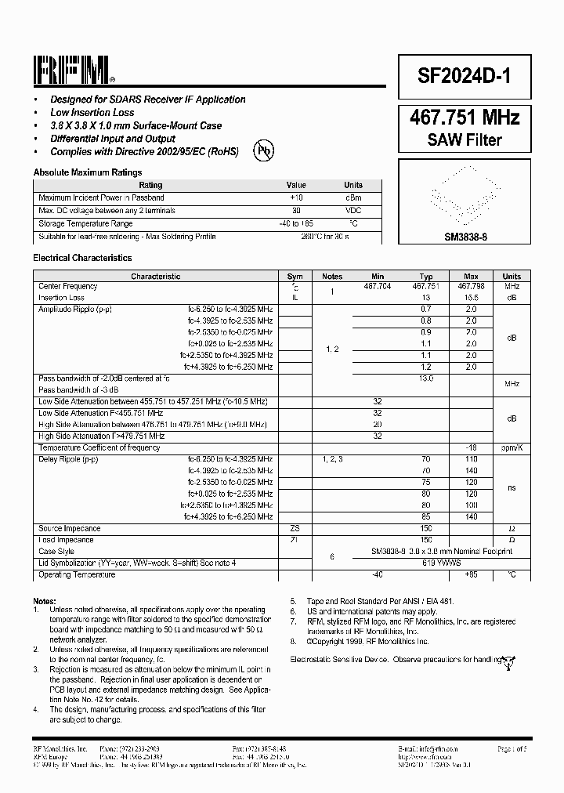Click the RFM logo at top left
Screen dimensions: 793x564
click(74, 71)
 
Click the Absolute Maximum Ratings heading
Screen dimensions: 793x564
click(88, 172)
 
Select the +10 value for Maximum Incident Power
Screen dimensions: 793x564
click(295, 197)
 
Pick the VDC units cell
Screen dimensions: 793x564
click(354, 211)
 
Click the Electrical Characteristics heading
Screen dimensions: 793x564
click(82, 258)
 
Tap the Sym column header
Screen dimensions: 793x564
click(295, 277)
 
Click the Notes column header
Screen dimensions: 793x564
click(333, 277)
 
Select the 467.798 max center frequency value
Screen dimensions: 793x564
click(471, 287)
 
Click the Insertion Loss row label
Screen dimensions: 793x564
click(61, 298)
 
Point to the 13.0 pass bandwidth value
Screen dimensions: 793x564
click(426, 378)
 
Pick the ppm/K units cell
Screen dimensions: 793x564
click(511, 448)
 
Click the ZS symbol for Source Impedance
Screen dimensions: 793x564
click(295, 529)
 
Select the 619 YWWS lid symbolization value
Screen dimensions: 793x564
click(426, 563)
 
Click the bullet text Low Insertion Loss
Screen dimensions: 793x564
click(92, 113)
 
